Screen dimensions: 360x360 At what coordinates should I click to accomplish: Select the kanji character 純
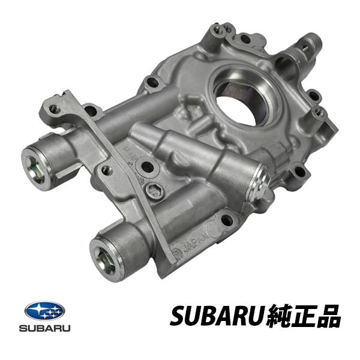click(280, 316)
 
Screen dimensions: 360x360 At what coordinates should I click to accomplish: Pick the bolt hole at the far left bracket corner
click(56, 109)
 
